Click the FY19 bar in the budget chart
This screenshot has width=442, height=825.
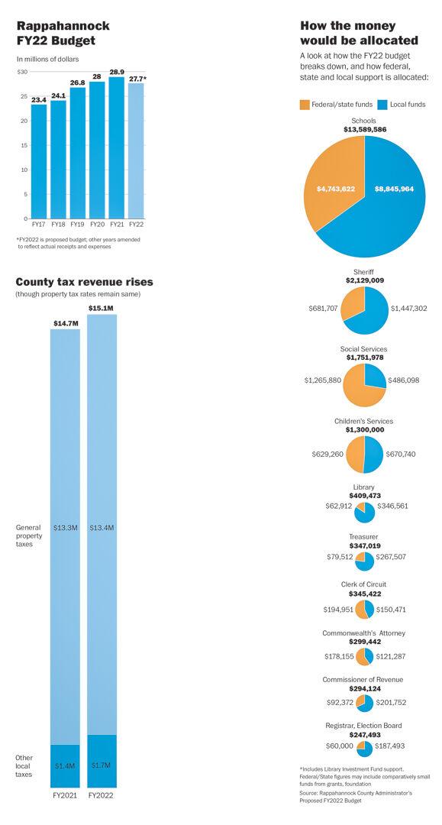coord(77,153)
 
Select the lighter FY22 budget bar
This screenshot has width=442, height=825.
coord(136,150)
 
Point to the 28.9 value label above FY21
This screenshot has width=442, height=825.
coord(117,72)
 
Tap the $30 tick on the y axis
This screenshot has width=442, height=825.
coord(22,71)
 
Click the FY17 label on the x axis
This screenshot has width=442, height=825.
coord(38,224)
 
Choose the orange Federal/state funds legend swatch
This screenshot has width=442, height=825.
coord(305,104)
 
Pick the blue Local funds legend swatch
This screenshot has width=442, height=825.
coord(383,104)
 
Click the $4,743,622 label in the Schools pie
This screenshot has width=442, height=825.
coord(336,189)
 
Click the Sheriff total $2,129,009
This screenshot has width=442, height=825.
coord(363,280)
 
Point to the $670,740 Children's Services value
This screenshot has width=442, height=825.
coord(401,454)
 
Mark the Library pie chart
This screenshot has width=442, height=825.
coord(363,512)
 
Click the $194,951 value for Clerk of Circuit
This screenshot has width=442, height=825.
coord(338,610)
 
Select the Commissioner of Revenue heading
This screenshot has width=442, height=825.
coord(363,680)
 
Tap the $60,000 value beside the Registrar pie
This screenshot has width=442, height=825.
coord(339,746)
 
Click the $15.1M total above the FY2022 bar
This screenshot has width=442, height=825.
coord(102,308)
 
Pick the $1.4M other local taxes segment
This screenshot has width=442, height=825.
coord(65,765)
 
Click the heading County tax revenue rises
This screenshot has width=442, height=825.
coord(84,282)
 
